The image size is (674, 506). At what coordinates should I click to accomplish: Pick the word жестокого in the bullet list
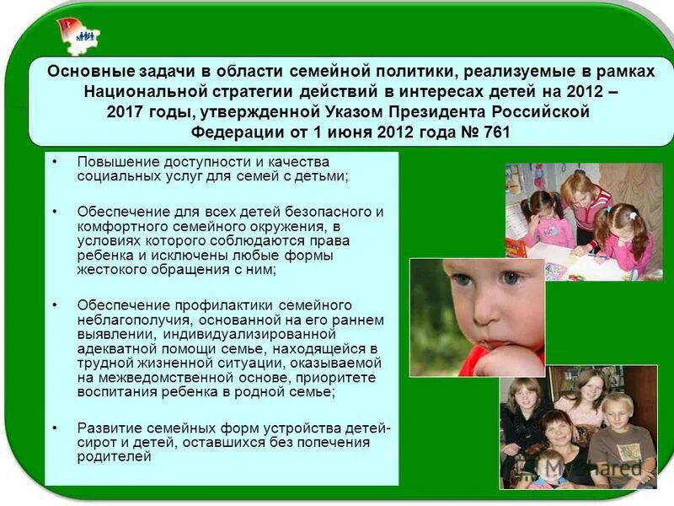pyautogui.click(x=111, y=270)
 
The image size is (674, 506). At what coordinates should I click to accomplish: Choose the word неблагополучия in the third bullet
pyautogui.click(x=130, y=320)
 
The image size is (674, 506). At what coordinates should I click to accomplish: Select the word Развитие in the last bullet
pyautogui.click(x=105, y=427)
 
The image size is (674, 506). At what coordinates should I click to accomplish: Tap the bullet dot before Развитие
pyautogui.click(x=55, y=427)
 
